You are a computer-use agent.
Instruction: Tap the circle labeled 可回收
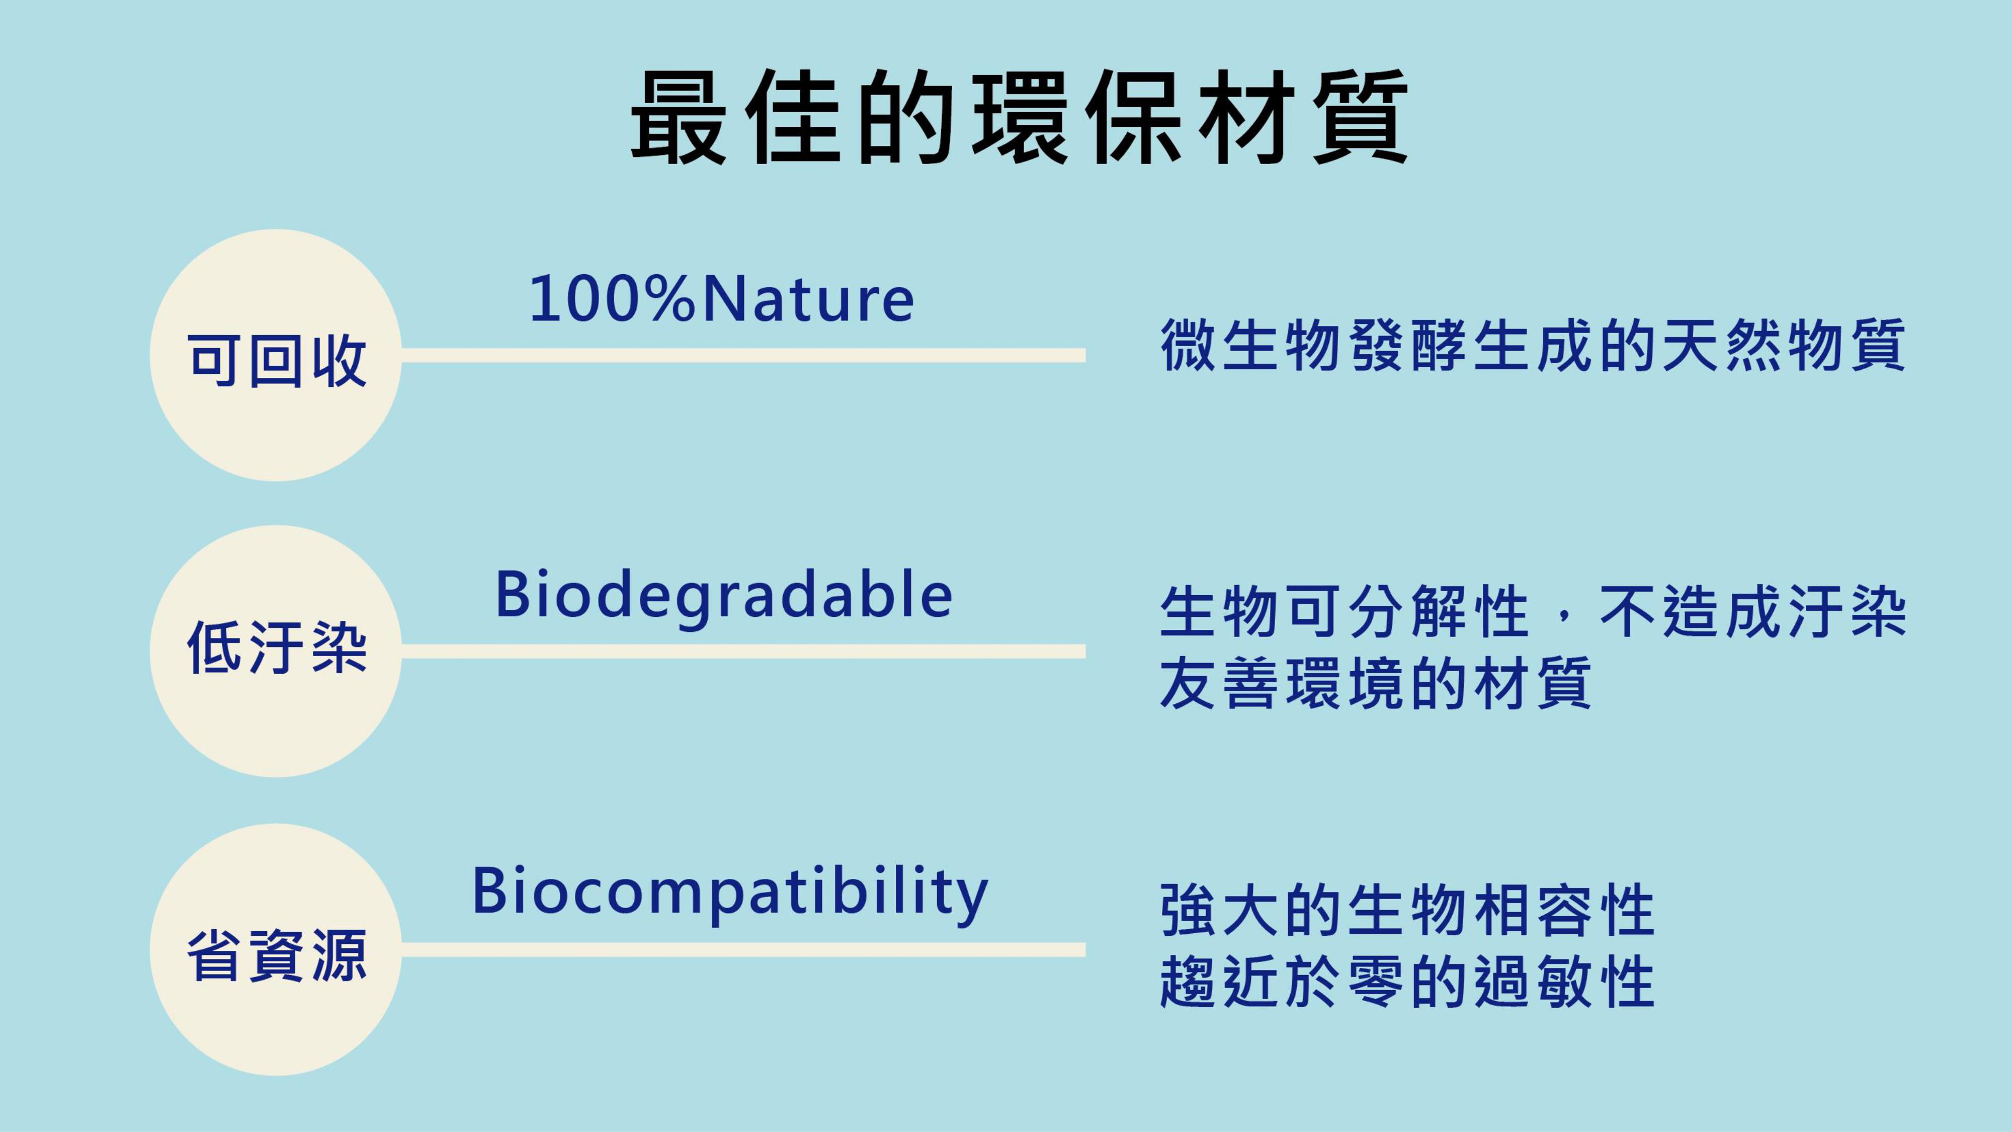pyautogui.click(x=276, y=356)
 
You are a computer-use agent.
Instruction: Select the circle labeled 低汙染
pyautogui.click(x=276, y=651)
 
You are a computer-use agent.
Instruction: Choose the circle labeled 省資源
pyautogui.click(x=276, y=949)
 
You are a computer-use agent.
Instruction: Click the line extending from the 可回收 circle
pyautogui.click(x=743, y=356)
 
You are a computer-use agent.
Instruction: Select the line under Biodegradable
pyautogui.click(x=743, y=651)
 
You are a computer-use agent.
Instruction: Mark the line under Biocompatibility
pyautogui.click(x=743, y=949)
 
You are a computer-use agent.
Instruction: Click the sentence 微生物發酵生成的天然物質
pyautogui.click(x=1533, y=345)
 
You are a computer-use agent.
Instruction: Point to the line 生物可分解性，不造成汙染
pyautogui.click(x=1533, y=612)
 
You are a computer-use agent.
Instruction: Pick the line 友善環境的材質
pyautogui.click(x=1375, y=682)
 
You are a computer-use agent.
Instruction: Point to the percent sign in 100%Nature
pyautogui.click(x=670, y=299)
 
